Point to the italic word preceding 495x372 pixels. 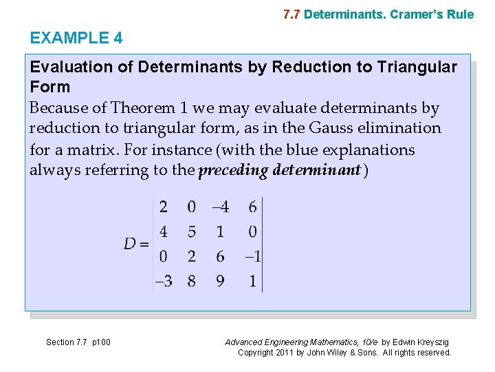(x=231, y=170)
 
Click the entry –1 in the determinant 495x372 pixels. (x=252, y=256)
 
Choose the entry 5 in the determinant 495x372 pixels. (x=191, y=231)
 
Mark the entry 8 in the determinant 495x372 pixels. (x=191, y=281)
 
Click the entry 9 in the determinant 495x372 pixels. (x=220, y=281)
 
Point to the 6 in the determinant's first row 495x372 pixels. (x=253, y=207)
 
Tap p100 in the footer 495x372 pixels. (x=100, y=342)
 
